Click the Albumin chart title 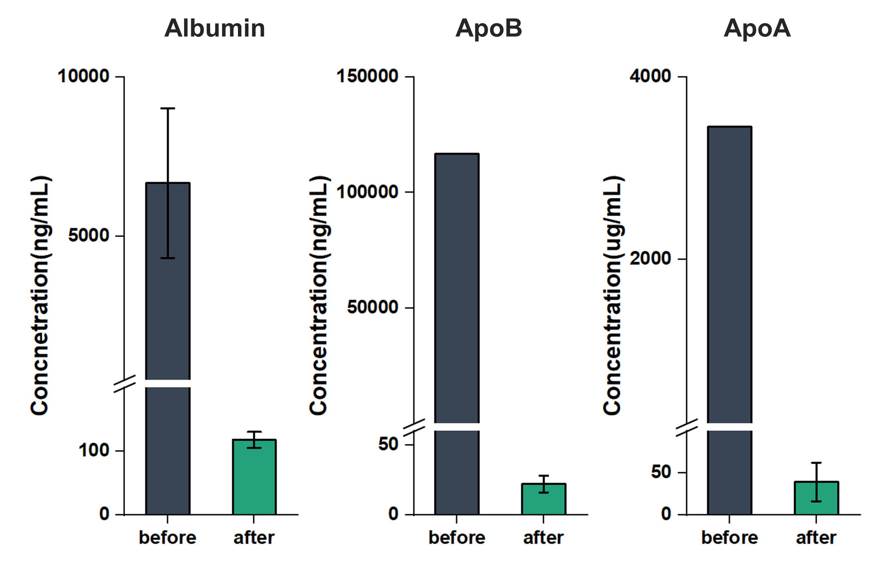click(x=215, y=28)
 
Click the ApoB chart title click(x=488, y=28)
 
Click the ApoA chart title click(x=757, y=28)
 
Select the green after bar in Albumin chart click(x=255, y=477)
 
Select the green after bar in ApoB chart click(x=544, y=499)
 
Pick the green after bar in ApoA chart click(x=816, y=498)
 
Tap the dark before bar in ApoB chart click(x=457, y=334)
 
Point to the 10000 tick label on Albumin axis click(x=84, y=76)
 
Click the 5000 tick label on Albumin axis click(x=89, y=235)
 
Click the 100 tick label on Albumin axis click(x=94, y=451)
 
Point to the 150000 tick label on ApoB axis click(x=367, y=76)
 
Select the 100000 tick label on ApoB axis click(x=367, y=192)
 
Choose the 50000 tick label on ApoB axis click(x=372, y=307)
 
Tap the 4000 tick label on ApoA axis click(x=651, y=76)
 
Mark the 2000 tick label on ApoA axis click(x=651, y=258)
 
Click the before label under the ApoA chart click(x=729, y=538)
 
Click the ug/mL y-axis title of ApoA click(x=612, y=296)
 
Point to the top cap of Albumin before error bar click(x=168, y=108)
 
